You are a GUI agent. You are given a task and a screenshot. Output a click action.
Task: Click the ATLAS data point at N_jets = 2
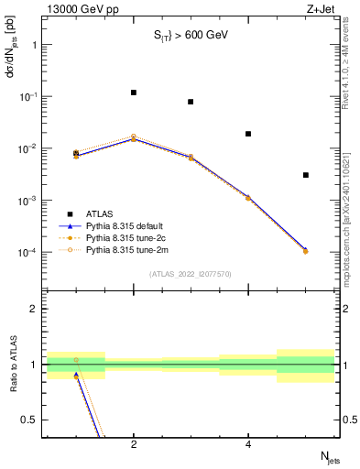(x=134, y=93)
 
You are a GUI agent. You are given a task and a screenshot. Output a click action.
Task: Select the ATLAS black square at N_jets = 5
(x=305, y=175)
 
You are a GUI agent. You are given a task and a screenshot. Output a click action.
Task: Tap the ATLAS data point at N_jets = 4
(x=248, y=134)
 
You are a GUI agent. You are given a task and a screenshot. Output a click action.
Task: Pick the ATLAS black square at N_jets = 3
(x=191, y=102)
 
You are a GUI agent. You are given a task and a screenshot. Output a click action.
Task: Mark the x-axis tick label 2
(x=134, y=446)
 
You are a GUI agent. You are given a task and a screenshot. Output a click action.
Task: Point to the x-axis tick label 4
(x=248, y=446)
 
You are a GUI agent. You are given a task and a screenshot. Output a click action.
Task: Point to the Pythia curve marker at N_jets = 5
(x=305, y=251)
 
